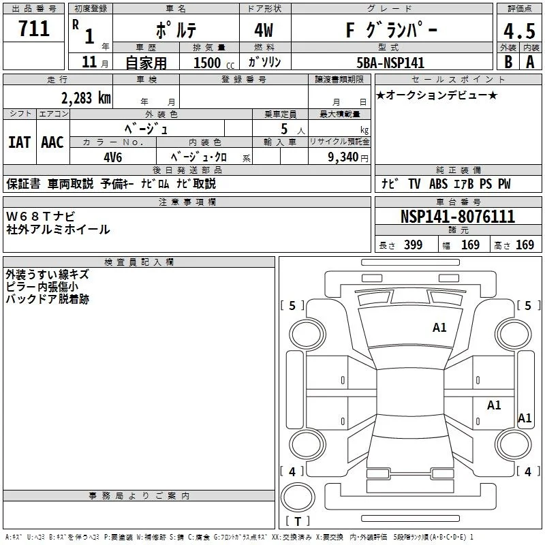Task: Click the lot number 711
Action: point(33,29)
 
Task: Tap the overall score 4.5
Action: point(519,31)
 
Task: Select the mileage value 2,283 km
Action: point(87,98)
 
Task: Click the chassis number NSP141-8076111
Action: point(457,217)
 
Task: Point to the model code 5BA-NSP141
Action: point(390,63)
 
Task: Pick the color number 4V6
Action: point(113,157)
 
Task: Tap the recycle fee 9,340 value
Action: point(343,157)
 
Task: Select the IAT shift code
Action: point(20,142)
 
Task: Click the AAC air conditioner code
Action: point(52,142)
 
